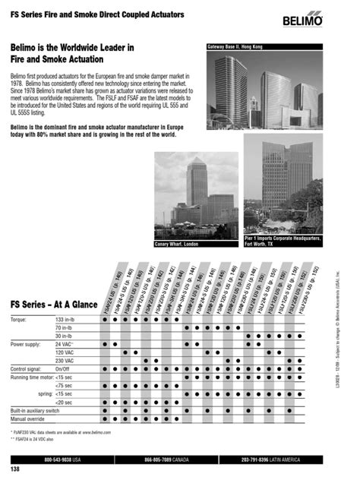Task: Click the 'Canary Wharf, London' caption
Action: [x=177, y=244]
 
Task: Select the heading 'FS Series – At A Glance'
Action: [x=53, y=305]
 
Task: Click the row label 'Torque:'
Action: [x=19, y=321]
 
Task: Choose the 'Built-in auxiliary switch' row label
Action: [x=35, y=410]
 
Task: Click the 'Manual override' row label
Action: [x=27, y=418]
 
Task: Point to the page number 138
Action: [x=15, y=470]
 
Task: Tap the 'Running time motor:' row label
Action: [x=33, y=377]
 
